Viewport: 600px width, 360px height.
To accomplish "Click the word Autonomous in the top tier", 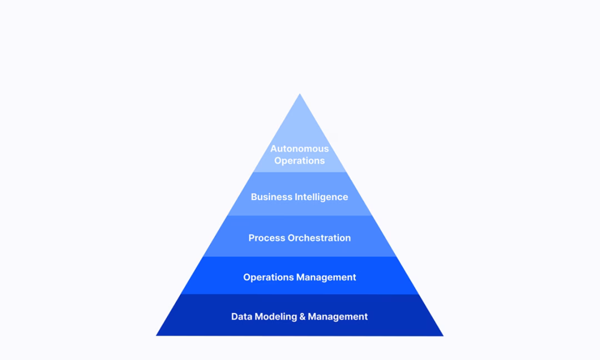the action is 299,148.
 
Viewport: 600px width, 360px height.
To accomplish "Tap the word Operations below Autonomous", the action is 299,161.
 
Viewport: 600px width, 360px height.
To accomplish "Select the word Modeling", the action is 276,317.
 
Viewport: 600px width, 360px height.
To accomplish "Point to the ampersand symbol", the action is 302,316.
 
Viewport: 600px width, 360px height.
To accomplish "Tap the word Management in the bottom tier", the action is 338,317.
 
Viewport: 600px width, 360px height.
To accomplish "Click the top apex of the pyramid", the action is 299,94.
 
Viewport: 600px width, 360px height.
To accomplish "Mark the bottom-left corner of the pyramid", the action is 156,336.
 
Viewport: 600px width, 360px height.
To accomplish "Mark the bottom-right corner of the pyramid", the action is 443,336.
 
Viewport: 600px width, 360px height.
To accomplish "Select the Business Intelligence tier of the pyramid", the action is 299,193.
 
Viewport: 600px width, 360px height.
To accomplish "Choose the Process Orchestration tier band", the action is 299,236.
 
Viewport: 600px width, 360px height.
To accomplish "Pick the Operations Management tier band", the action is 299,276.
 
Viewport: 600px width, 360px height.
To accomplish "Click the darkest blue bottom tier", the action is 299,315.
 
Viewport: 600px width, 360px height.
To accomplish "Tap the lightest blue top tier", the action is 299,146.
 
